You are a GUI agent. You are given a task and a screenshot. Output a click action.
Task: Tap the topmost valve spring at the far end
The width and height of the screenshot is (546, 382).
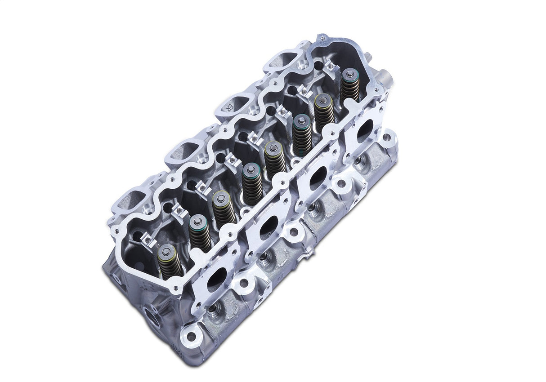point(350,85)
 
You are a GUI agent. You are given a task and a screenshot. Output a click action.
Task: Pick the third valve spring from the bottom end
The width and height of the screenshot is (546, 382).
point(224,209)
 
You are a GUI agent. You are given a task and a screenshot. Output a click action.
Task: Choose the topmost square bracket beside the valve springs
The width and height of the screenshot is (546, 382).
point(331,66)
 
